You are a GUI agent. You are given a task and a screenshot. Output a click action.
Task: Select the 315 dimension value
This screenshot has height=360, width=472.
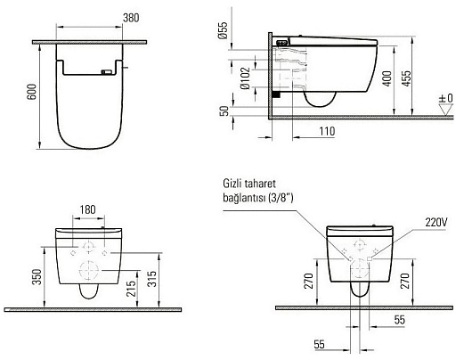(155, 276)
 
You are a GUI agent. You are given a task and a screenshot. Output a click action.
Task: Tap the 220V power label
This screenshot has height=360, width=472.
(436, 220)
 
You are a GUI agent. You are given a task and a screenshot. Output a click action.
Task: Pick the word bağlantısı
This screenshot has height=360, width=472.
(247, 198)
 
